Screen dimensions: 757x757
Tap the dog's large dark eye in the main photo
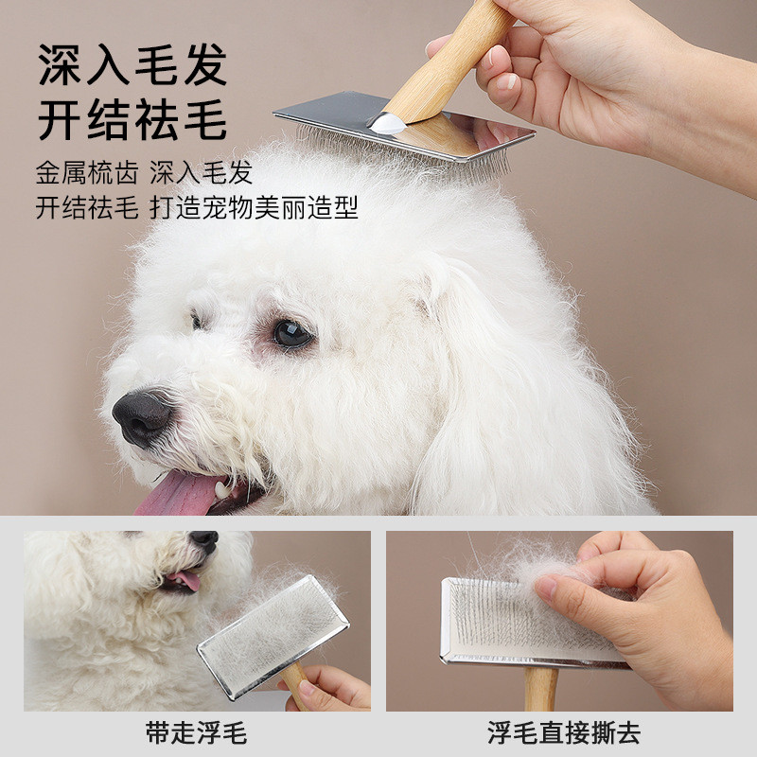pyautogui.click(x=291, y=334)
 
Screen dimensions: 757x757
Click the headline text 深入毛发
pyautogui.click(x=132, y=64)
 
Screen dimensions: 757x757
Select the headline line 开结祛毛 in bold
pyautogui.click(x=132, y=119)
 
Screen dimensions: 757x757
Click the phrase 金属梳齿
pyautogui.click(x=87, y=172)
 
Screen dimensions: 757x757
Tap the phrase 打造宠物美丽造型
pyautogui.click(x=254, y=207)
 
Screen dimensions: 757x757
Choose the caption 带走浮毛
pyautogui.click(x=197, y=732)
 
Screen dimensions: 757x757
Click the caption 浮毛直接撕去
pyautogui.click(x=563, y=732)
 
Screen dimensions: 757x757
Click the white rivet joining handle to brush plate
pyautogui.click(x=387, y=124)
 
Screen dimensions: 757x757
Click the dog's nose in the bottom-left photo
pyautogui.click(x=204, y=539)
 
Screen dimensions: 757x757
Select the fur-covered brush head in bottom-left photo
pyautogui.click(x=273, y=637)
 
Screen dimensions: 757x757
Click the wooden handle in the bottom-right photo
pyautogui.click(x=540, y=689)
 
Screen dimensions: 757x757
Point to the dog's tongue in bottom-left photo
pyautogui.click(x=185, y=580)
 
